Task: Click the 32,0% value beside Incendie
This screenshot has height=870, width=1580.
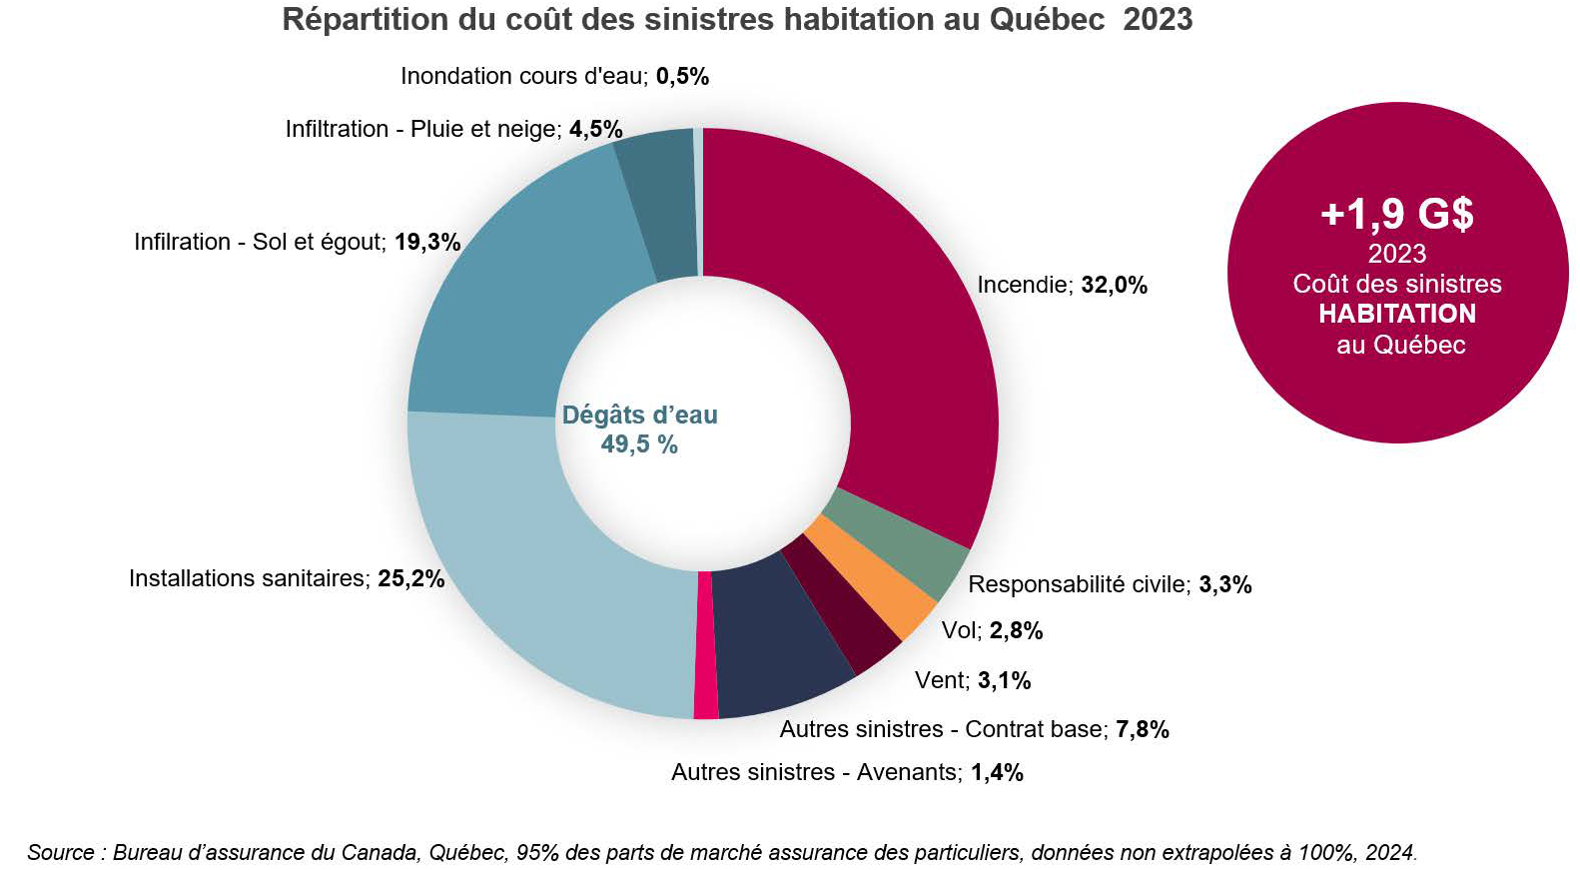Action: (x=1114, y=286)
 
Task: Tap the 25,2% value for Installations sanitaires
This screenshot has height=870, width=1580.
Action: (x=410, y=578)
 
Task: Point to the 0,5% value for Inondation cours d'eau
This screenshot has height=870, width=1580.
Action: (x=682, y=76)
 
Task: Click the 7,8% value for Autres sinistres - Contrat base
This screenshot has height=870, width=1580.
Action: (x=1142, y=729)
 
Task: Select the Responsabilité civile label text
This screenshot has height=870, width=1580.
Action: (x=1078, y=584)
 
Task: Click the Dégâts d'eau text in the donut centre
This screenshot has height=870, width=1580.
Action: (x=639, y=415)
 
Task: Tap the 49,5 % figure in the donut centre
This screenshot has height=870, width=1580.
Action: (x=639, y=444)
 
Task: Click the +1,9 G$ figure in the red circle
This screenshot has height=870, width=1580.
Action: (x=1396, y=213)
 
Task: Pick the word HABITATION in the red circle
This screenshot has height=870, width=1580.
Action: (x=1396, y=314)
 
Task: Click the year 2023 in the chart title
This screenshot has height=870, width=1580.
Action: (x=1158, y=19)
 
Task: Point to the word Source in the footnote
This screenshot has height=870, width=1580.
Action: (x=60, y=852)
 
